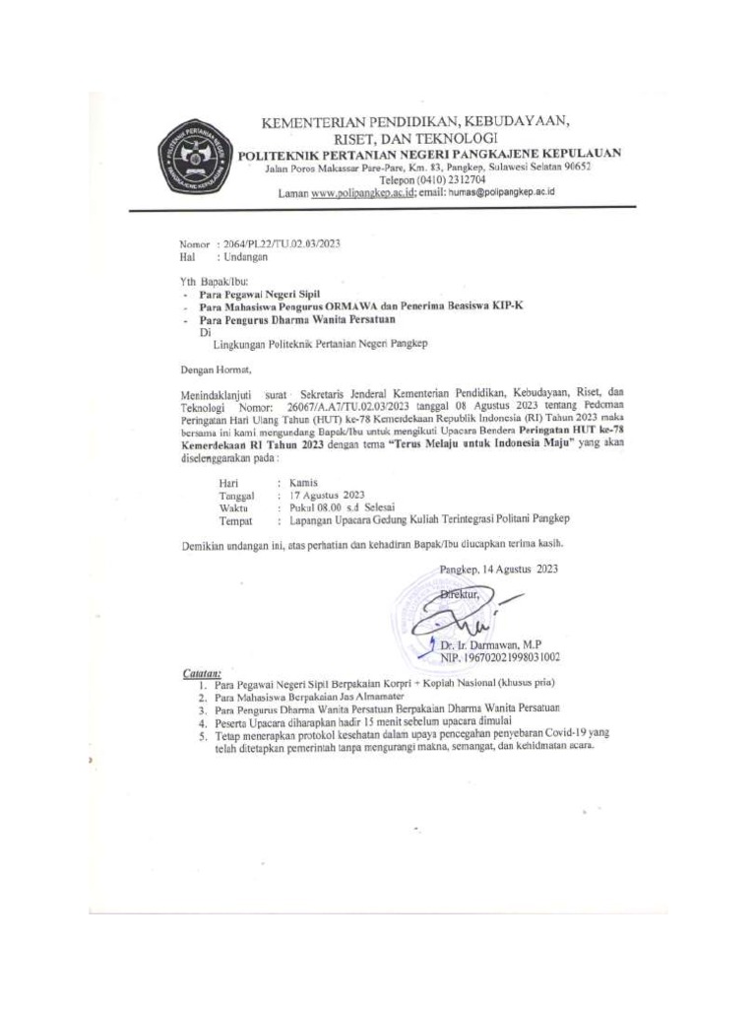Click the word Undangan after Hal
click(x=247, y=256)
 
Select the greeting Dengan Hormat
click(x=216, y=370)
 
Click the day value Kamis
click(x=304, y=482)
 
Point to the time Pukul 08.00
click(x=318, y=507)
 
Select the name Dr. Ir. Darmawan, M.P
click(x=491, y=644)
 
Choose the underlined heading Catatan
click(x=202, y=672)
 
